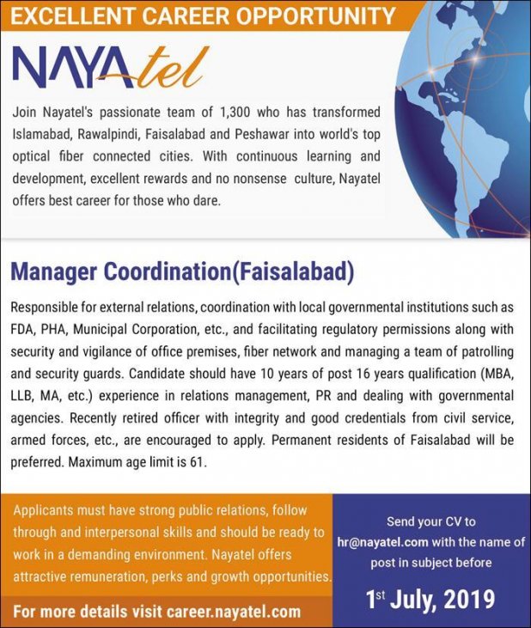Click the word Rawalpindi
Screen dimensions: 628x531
[x=114, y=136]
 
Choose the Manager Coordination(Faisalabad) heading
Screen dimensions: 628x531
[x=181, y=272]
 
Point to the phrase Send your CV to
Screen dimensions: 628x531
[x=430, y=521]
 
